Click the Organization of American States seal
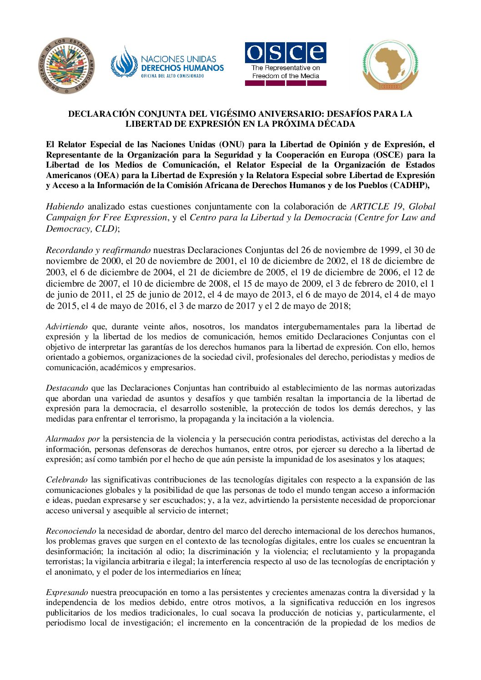[x=66, y=65]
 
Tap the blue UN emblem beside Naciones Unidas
[x=124, y=62]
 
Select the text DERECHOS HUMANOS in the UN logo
[x=182, y=68]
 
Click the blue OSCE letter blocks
[x=286, y=53]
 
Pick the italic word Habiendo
[x=65, y=207]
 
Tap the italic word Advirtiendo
[x=67, y=327]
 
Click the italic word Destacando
[x=67, y=388]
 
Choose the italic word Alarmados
[x=65, y=439]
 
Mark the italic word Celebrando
[x=66, y=480]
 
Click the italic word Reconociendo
[x=70, y=531]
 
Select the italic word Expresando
[x=67, y=592]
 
